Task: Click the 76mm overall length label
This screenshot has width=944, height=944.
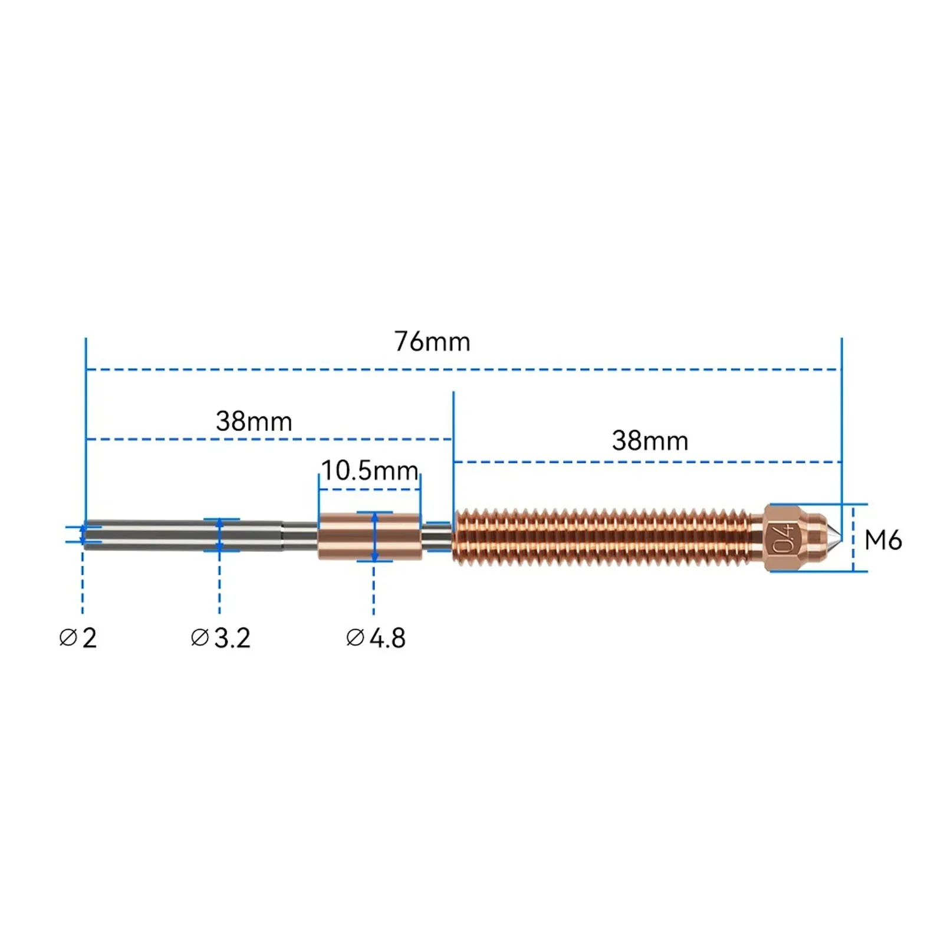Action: pos(432,342)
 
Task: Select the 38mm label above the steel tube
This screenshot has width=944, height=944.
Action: pos(254,422)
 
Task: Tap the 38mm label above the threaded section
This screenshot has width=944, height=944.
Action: pos(650,441)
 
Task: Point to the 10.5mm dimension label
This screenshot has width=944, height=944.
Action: pos(370,471)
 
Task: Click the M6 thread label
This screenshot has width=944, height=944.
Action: pos(883,540)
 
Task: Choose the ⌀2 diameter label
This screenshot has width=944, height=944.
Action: pos(78,638)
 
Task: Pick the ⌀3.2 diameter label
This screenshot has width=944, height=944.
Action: pos(221,638)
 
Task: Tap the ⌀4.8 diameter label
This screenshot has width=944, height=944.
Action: pos(376,638)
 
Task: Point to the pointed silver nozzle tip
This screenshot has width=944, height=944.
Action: pos(835,537)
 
